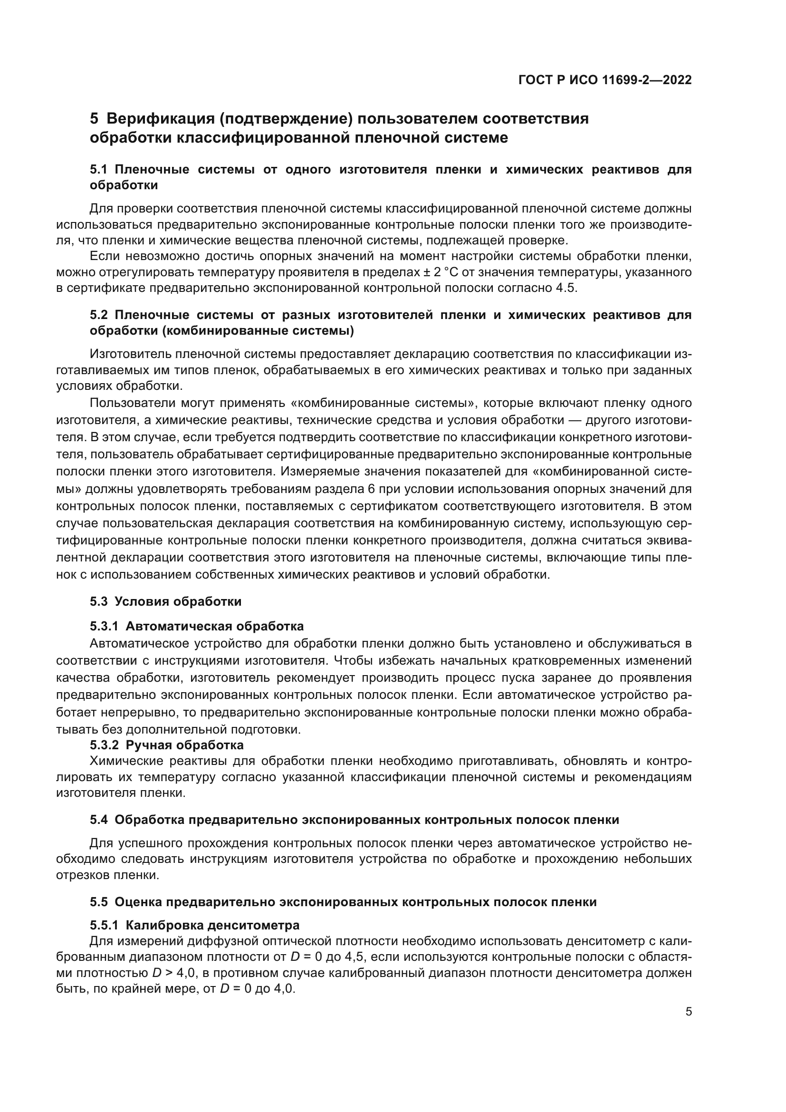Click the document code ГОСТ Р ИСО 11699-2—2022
[604, 80]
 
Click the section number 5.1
[100, 170]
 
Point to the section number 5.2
[100, 315]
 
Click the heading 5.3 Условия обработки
[165, 601]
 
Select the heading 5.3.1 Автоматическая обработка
[197, 626]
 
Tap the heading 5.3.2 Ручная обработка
[166, 745]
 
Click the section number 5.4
[100, 820]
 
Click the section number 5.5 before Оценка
[100, 902]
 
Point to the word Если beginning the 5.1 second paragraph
[104, 256]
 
